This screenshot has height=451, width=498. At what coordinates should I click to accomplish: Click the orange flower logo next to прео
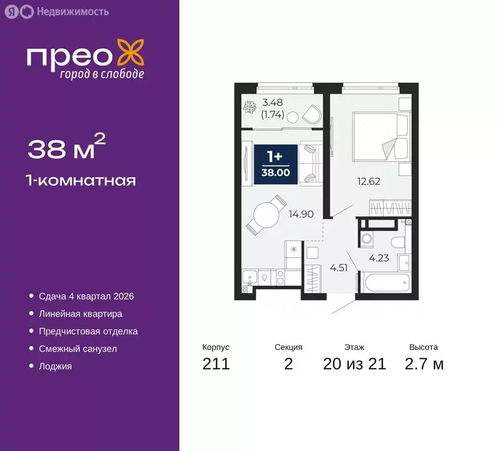coord(130,53)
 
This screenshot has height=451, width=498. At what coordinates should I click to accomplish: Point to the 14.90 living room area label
coord(300,214)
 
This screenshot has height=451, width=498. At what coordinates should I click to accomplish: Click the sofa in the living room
coord(312,164)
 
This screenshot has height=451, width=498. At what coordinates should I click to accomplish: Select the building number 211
coord(216,364)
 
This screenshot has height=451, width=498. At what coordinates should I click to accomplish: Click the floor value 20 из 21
coord(355,364)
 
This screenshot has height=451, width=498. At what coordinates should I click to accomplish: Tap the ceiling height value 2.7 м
coord(424,364)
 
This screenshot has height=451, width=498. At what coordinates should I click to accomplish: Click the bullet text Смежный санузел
coord(78,349)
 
